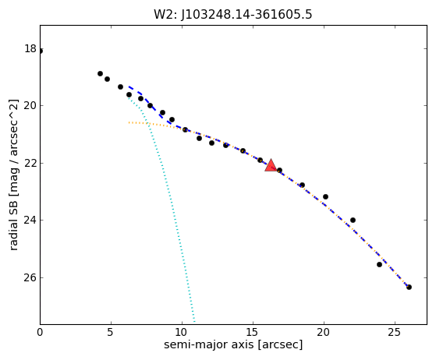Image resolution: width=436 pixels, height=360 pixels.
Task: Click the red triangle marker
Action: [271, 165]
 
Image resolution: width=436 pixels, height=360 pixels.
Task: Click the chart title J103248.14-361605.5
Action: [246, 15]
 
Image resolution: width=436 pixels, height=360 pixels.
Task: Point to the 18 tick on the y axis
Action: [30, 48]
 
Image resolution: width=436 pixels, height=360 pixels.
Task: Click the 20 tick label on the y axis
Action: [30, 105]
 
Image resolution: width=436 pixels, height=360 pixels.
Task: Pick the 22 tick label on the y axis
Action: [30, 163]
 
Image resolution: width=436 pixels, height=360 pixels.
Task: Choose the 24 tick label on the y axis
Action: [30, 220]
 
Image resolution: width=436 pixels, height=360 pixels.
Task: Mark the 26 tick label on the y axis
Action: [30, 277]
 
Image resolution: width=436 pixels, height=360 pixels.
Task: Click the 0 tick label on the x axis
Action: [40, 332]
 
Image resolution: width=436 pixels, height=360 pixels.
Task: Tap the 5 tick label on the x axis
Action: [111, 332]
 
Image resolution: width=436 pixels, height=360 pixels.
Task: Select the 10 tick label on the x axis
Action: [182, 332]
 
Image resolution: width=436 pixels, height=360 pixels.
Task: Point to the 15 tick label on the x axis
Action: [253, 332]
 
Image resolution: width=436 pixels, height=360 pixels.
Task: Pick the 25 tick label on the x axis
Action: [395, 332]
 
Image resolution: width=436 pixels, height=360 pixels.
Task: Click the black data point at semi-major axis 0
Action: [41, 51]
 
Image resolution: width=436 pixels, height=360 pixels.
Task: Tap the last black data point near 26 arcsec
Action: [409, 287]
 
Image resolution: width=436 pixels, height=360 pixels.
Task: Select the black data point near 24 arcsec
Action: [379, 264]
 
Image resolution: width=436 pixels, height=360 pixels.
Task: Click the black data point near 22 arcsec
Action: [353, 220]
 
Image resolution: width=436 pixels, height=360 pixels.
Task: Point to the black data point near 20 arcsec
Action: [325, 196]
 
